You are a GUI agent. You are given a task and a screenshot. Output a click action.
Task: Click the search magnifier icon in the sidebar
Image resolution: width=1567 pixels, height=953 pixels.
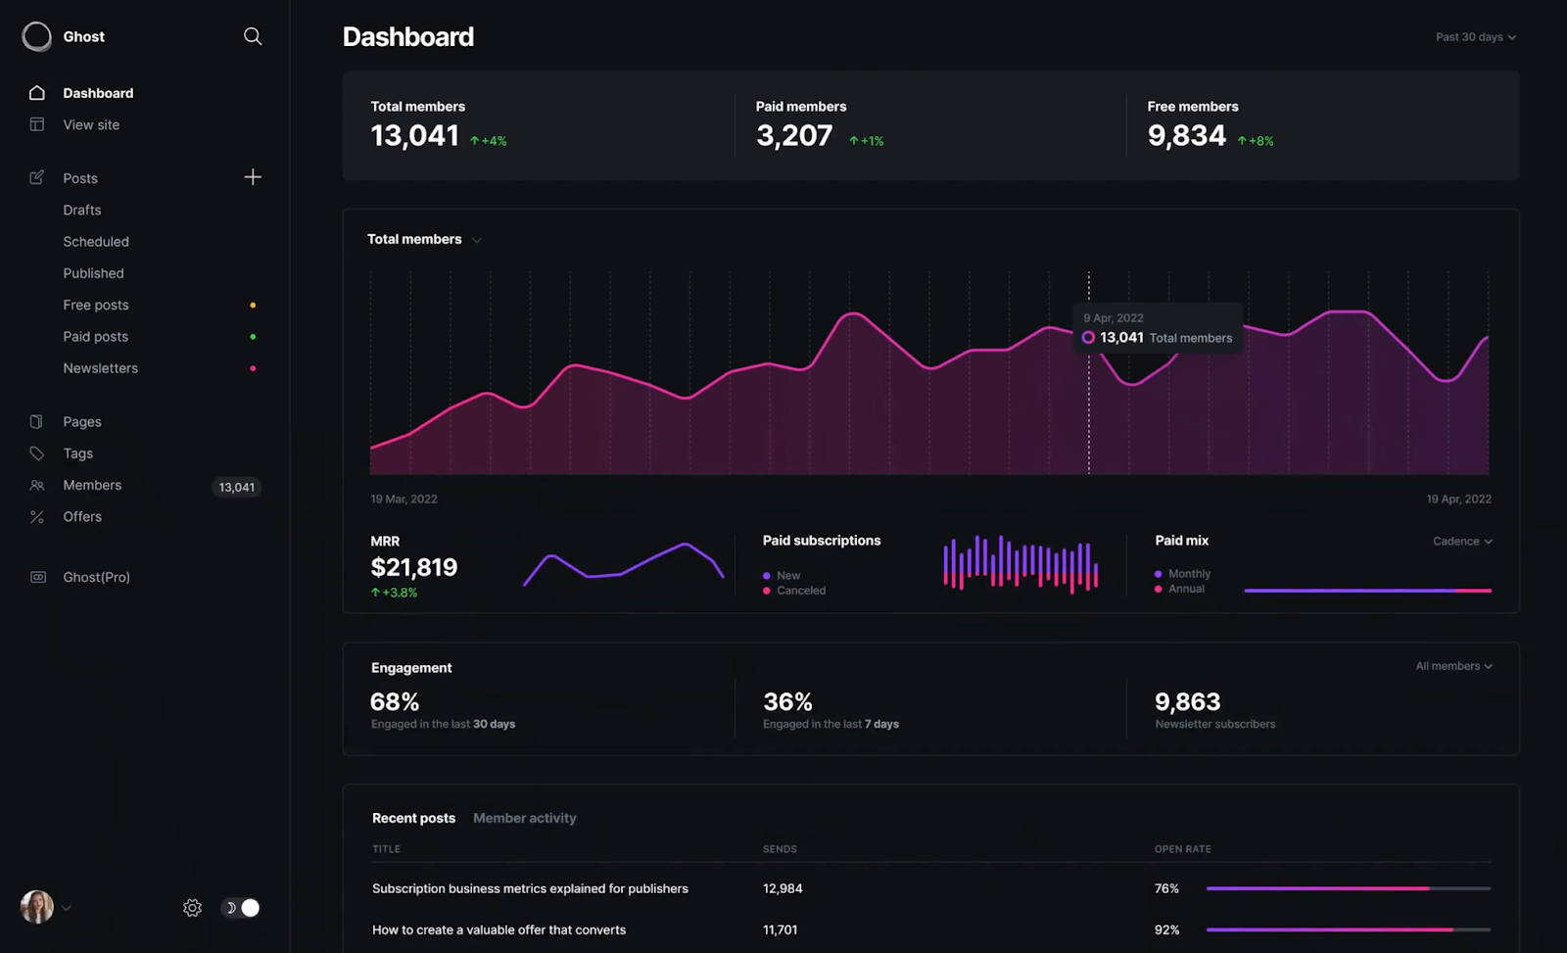coord(253,36)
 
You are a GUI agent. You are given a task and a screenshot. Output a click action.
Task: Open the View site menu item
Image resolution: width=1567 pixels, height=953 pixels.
coord(91,124)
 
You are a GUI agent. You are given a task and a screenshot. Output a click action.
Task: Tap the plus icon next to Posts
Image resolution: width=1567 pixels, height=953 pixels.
coord(253,177)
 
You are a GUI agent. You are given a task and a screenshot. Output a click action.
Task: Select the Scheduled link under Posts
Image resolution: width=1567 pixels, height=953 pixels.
coord(96,242)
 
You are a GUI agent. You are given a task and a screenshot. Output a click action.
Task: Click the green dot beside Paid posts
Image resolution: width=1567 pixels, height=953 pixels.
coord(253,337)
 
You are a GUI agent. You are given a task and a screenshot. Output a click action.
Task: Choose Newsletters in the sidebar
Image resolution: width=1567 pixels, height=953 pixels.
coord(100,368)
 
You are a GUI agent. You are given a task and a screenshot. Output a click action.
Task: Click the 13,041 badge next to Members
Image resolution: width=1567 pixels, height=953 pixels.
coord(236,487)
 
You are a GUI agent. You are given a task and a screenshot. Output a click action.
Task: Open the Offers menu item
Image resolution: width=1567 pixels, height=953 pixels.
coord(82,517)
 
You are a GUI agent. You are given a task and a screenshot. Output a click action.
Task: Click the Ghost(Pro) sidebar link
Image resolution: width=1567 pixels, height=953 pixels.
coord(96,578)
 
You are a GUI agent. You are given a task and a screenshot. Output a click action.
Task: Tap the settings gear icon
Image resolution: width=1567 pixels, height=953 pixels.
coord(192,908)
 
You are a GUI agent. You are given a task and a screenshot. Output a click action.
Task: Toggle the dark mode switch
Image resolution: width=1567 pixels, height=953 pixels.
coord(241,908)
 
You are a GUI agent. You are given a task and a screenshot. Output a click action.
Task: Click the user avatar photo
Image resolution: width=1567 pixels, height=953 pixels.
coord(37,907)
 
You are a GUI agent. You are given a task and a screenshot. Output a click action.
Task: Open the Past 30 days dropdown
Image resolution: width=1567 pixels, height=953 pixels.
coord(1475,37)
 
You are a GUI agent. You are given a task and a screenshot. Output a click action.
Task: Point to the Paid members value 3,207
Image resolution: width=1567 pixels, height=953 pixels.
coord(794,136)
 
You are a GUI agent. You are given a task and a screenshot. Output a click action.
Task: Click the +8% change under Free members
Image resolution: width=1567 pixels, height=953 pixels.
coord(1257,141)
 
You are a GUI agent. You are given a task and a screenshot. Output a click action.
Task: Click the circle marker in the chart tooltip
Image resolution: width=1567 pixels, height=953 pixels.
coord(1088,338)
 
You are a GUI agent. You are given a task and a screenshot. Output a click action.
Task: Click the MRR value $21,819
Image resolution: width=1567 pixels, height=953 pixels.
coord(414,567)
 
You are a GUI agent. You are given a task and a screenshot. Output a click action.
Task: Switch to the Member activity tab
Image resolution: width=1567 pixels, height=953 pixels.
coord(524,819)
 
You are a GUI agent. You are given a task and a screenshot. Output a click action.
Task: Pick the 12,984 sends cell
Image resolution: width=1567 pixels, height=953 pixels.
coord(783,889)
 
